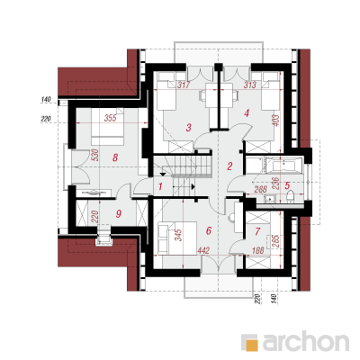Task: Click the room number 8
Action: click(x=115, y=157)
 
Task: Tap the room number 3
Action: click(x=188, y=128)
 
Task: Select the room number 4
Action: click(x=247, y=113)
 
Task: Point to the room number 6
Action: click(x=209, y=230)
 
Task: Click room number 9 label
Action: click(x=119, y=214)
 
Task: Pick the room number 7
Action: click(x=257, y=231)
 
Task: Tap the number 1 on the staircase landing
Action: click(x=160, y=187)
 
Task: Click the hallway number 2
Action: click(x=229, y=166)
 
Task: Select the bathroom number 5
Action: click(x=287, y=185)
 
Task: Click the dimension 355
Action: click(x=110, y=118)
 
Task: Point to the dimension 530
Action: click(x=94, y=155)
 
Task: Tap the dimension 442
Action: click(x=203, y=251)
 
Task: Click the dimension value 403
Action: click(x=276, y=121)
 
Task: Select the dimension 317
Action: click(x=184, y=85)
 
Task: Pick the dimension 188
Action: click(x=257, y=250)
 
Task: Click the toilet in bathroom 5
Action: click(x=291, y=197)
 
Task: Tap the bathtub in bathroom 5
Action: click(x=283, y=166)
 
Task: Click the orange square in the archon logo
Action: click(x=252, y=345)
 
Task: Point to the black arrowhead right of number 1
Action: click(x=193, y=187)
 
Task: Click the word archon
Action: click(x=306, y=341)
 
